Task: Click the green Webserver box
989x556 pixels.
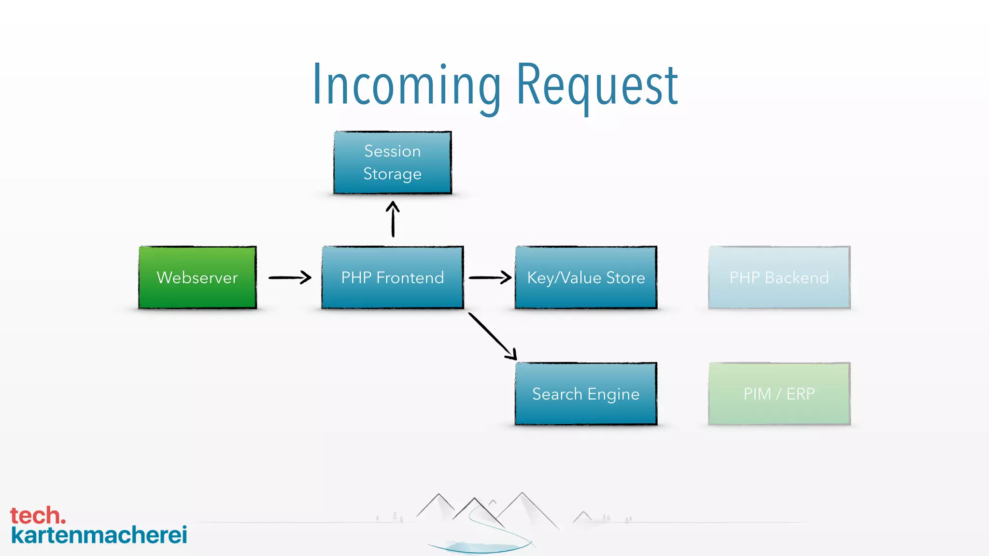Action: (198, 278)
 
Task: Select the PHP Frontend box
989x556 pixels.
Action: (393, 278)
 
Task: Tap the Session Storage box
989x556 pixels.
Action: (393, 163)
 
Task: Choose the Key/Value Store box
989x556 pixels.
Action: (586, 278)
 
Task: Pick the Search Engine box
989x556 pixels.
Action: (586, 394)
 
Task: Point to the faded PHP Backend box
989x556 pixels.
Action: (779, 278)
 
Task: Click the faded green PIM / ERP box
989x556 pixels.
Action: (779, 394)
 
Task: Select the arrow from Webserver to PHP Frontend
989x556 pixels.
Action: (290, 278)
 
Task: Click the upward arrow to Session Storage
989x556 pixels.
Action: (393, 220)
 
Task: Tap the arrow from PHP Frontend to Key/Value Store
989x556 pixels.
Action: (490, 278)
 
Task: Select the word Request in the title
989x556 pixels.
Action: (597, 86)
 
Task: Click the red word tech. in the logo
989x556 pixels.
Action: (38, 515)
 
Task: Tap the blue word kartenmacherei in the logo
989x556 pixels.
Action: (99, 535)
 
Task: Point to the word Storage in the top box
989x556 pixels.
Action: (393, 174)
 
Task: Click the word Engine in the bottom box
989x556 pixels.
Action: (613, 395)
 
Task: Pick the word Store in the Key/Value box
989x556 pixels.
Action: (625, 278)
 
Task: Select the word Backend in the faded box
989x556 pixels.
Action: (797, 278)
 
